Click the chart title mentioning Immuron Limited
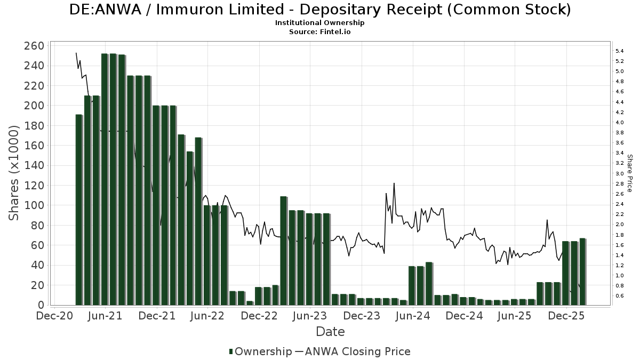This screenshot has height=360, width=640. [x=320, y=10]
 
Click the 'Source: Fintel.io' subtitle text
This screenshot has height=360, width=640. [x=320, y=31]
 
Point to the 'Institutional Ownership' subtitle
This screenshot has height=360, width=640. [x=320, y=23]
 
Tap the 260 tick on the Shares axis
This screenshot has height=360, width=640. [x=34, y=46]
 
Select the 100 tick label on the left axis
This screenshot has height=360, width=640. [x=34, y=205]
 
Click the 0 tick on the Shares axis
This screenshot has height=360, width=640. [x=41, y=305]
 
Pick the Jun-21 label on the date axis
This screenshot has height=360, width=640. [x=105, y=316]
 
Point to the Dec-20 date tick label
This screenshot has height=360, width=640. [x=54, y=316]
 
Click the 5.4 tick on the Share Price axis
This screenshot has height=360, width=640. [x=619, y=51]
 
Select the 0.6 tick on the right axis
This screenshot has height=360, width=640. [x=619, y=296]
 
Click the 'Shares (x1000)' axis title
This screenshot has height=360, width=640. [x=14, y=173]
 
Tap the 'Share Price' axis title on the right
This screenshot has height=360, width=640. [x=629, y=173]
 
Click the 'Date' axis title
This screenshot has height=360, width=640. [x=330, y=332]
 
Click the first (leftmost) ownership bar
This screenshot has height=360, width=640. [x=79, y=210]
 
